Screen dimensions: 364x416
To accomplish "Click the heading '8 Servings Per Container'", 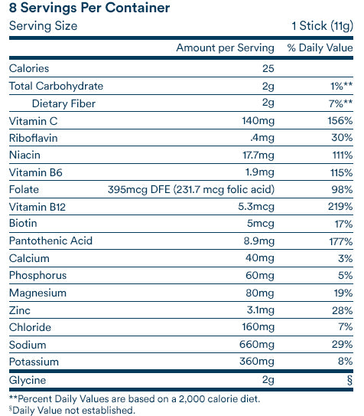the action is click(89, 8).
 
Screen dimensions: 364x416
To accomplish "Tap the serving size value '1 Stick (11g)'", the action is click(322, 26).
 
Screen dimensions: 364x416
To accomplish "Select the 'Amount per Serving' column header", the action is click(225, 48).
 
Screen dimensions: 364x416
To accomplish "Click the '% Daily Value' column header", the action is click(320, 47).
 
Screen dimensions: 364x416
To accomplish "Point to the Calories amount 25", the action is click(268, 68).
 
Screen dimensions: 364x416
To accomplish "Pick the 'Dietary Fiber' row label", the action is click(63, 103).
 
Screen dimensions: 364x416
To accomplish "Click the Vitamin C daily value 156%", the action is click(340, 121).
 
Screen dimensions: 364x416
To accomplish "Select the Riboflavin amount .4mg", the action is click(262, 138).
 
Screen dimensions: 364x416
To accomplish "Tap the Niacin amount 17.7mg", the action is click(258, 155).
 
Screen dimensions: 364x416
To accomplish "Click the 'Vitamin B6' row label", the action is click(36, 172).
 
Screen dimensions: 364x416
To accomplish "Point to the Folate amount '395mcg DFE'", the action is click(139, 190).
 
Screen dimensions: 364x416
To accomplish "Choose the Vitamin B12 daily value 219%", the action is click(340, 206).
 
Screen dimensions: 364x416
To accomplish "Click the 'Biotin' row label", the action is click(23, 223).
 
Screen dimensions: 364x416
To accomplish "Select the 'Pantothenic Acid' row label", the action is click(50, 241).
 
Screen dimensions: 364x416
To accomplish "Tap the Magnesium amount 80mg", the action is click(260, 293).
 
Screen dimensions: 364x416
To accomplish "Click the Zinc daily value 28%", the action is click(343, 310).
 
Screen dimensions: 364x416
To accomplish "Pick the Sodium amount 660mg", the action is click(257, 344).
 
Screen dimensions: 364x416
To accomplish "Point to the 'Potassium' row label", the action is click(34, 362).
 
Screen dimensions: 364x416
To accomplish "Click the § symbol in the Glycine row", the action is click(349, 380).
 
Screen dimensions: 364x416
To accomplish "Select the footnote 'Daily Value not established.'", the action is click(73, 410).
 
